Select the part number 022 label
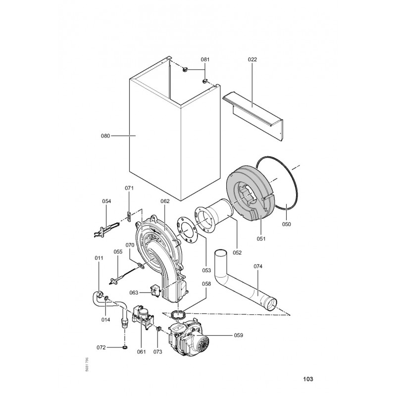point(252,59)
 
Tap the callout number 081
point(205,59)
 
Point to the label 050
point(287,224)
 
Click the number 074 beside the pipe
point(258,266)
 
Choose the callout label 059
point(238,335)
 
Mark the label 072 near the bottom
point(101,347)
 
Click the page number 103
point(307,380)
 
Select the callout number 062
point(165,201)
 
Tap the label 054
point(106,201)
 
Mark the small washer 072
point(124,347)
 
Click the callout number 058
point(206,284)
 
